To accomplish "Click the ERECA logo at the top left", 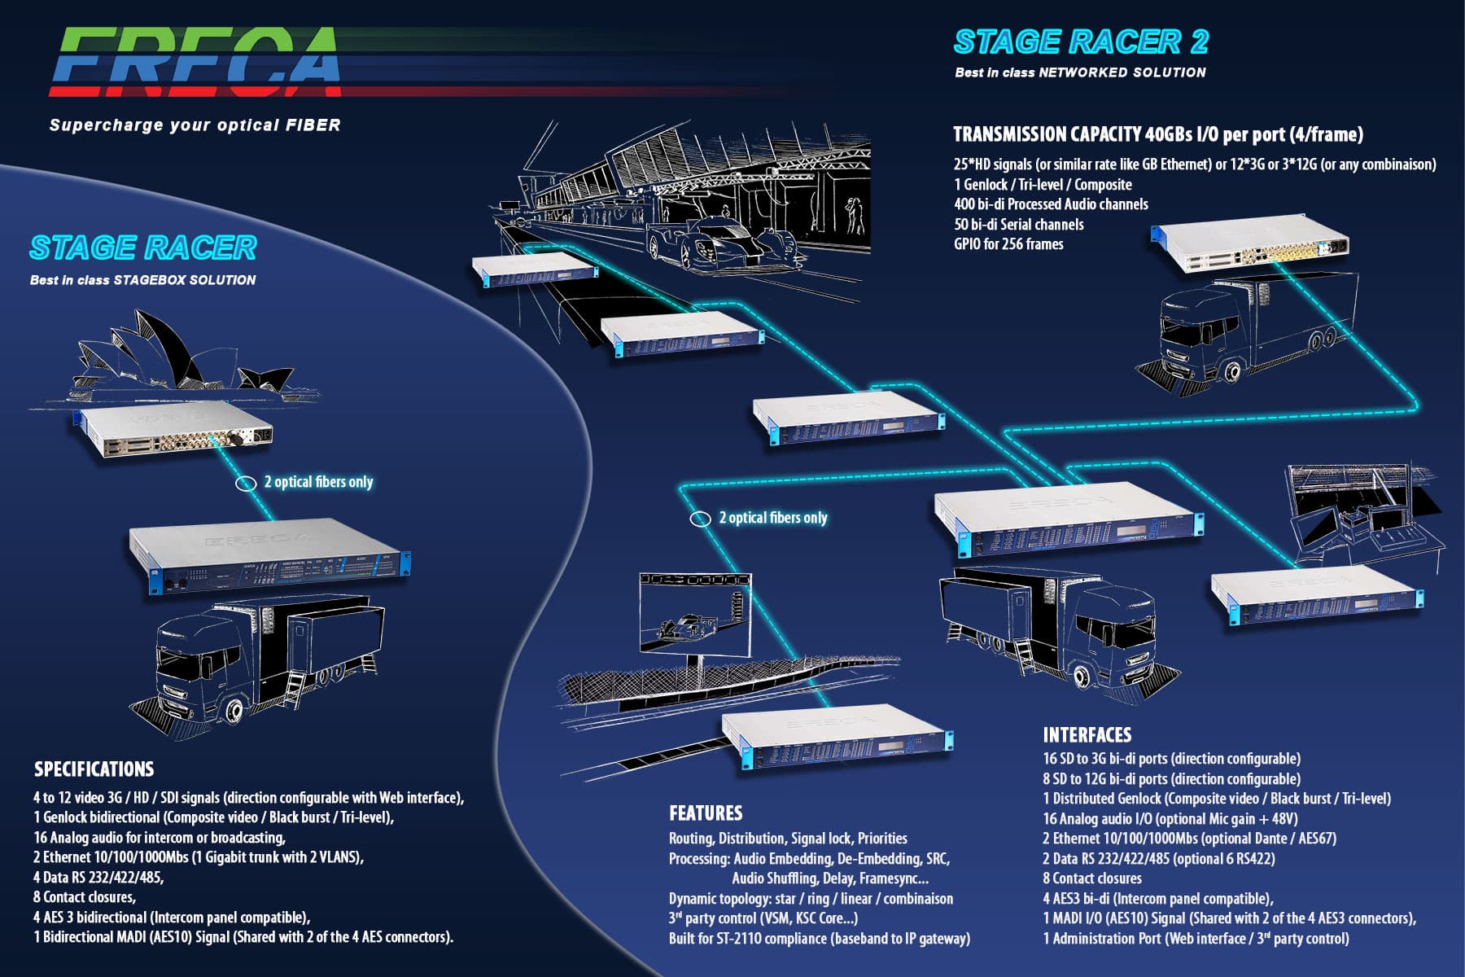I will pyautogui.click(x=195, y=62).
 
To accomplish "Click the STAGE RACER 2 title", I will pyautogui.click(x=1081, y=42).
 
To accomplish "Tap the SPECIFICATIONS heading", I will pyautogui.click(x=94, y=769).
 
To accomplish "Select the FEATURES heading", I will pyautogui.click(x=706, y=813).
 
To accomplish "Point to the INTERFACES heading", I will pyautogui.click(x=1087, y=734).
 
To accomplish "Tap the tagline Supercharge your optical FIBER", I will pyautogui.click(x=195, y=125).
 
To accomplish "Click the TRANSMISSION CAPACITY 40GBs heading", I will pyautogui.click(x=1157, y=134).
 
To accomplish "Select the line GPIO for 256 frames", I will pyautogui.click(x=1008, y=244).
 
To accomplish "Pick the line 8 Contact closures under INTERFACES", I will pyautogui.click(x=1092, y=878).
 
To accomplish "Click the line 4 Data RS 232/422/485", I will pyautogui.click(x=98, y=877).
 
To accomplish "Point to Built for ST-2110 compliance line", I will pyautogui.click(x=819, y=938).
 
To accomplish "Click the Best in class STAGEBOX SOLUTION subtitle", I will pyautogui.click(x=142, y=280).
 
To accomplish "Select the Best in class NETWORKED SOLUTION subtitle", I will pyautogui.click(x=1080, y=72).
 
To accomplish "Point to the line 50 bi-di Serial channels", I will pyautogui.click(x=1018, y=224).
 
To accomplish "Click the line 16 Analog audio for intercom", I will pyautogui.click(x=160, y=837).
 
